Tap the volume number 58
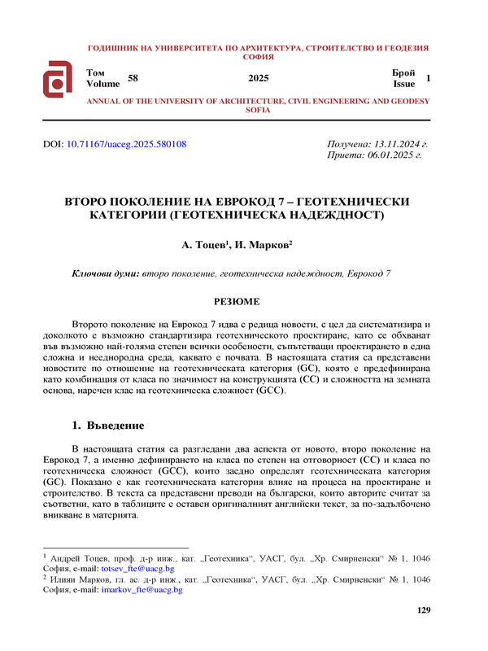[x=134, y=78]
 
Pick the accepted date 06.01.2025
[x=385, y=155]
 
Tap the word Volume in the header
[x=102, y=84]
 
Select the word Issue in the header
[x=404, y=84]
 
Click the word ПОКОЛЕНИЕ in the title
[x=161, y=201]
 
